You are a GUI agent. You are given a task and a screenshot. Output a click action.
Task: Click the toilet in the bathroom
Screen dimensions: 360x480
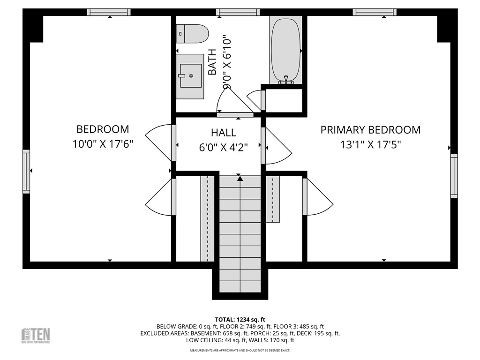point(193,34)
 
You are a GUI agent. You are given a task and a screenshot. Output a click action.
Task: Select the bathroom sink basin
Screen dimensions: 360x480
point(191,75)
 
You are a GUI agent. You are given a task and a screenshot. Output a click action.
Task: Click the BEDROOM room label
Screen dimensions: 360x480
point(103,129)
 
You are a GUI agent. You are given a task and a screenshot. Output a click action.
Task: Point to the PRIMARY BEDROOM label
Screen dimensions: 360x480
point(370,129)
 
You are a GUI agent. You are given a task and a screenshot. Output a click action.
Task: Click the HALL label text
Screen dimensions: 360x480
point(224,133)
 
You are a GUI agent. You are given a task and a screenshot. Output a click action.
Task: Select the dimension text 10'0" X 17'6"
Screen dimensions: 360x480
point(103,144)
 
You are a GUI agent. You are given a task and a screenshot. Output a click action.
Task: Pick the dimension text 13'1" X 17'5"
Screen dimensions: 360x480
point(370,144)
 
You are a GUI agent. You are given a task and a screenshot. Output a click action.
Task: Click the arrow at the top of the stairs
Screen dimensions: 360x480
point(240,178)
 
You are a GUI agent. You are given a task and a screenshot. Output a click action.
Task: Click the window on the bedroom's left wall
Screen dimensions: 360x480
point(26,171)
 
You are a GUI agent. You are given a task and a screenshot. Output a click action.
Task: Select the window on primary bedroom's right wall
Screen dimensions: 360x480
point(453,176)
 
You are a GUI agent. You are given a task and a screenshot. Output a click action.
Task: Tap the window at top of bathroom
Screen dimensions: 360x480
point(238,12)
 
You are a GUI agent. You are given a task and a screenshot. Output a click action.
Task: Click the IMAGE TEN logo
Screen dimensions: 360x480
point(36,335)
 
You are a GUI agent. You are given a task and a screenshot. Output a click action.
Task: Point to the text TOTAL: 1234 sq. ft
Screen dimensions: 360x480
point(240,319)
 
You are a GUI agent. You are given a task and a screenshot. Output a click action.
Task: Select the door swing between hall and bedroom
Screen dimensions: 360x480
point(159,141)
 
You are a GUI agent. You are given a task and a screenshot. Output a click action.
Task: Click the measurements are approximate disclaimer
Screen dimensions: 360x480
point(240,351)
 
